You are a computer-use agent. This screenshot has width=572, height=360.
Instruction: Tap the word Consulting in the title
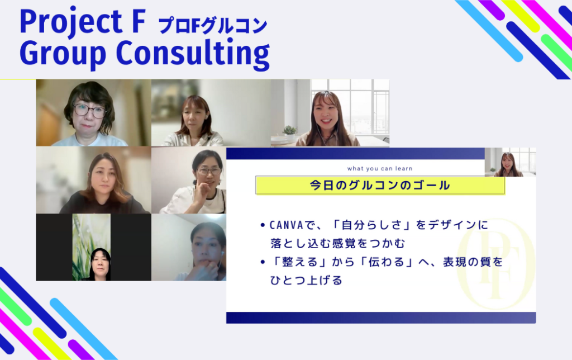[x=193, y=53]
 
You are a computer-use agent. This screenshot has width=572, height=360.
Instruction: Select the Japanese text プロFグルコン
[x=213, y=26]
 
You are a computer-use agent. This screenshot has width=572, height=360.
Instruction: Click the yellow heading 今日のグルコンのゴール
[x=380, y=186]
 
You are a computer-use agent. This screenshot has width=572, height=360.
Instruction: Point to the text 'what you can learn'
[x=380, y=169]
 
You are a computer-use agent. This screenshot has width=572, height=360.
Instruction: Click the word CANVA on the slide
[x=287, y=225]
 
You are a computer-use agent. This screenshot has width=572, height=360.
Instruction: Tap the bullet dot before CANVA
[x=263, y=225]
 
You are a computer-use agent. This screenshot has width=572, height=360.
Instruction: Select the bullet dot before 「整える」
[x=263, y=262]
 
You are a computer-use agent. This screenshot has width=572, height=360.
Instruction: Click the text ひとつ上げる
[x=306, y=281]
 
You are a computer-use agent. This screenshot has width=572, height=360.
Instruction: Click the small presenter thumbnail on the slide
[x=511, y=162]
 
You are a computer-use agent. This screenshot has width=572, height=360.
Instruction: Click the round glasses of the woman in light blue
[x=89, y=110]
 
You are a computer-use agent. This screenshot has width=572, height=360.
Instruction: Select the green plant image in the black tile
[x=91, y=247]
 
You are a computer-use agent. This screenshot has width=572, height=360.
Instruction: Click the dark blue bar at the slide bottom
[x=381, y=318]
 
